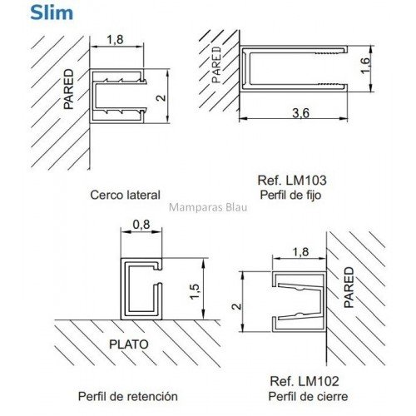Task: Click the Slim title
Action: pos(52,12)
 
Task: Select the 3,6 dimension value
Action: pos(300,113)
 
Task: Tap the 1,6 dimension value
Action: pos(365,66)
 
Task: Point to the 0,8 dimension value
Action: pos(141,225)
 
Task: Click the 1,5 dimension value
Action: pos(195,291)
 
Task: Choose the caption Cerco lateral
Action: pos(126,195)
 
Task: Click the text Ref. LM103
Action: pos(292,181)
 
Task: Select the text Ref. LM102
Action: pos(305,381)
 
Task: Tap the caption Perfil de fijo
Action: pos(290,196)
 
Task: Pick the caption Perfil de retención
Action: pos(128,396)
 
